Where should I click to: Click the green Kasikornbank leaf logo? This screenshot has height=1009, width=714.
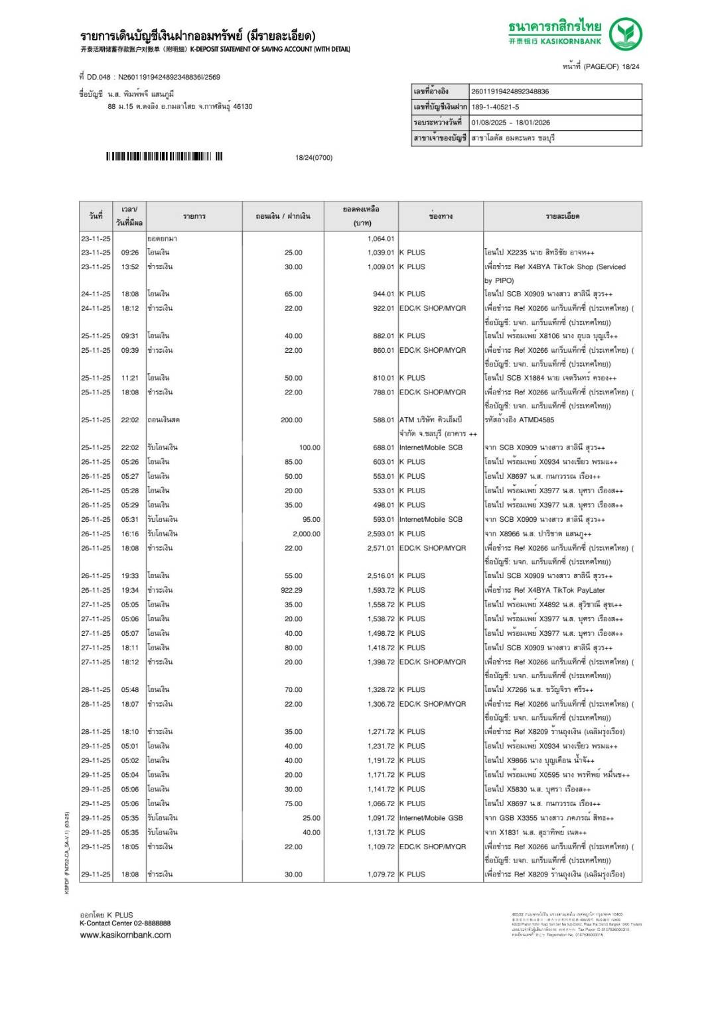tap(625, 34)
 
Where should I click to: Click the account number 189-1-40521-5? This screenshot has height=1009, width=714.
tap(495, 107)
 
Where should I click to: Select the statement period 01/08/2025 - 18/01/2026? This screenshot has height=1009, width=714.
tap(510, 123)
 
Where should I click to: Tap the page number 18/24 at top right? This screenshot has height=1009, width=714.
tap(630, 66)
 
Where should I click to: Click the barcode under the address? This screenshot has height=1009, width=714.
tap(164, 157)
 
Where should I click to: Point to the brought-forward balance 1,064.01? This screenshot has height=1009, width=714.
tap(380, 239)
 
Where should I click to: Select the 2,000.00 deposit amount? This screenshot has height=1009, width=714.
tap(306, 534)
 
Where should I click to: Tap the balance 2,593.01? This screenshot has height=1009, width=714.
tap(380, 534)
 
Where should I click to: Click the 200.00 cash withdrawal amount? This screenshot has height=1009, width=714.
tap(291, 420)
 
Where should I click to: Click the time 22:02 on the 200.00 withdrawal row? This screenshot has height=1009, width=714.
tap(130, 420)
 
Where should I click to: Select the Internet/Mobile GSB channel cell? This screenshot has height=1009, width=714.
tap(431, 818)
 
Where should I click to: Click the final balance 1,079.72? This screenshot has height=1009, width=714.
tap(381, 874)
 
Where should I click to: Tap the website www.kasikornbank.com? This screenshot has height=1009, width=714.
tap(125, 935)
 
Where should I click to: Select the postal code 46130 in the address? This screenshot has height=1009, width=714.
tap(242, 106)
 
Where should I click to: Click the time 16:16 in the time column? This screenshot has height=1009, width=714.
tap(130, 534)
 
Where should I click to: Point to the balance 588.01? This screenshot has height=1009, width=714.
tap(383, 420)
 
